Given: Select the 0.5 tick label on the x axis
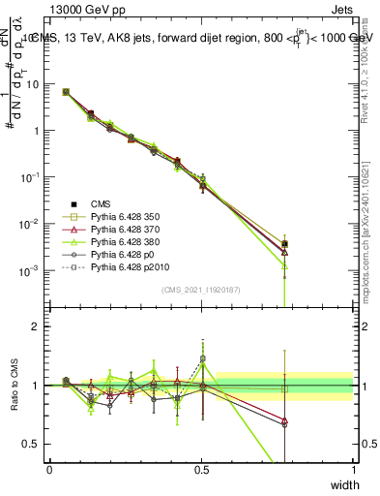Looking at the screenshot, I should pos(201,469).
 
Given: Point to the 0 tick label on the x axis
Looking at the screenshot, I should pos(49,469).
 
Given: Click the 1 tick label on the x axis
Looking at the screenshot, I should pos(353,469).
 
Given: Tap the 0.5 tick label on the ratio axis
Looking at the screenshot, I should pos(32,444).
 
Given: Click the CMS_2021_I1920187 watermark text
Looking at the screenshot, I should pos(201,290).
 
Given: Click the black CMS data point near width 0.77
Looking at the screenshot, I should pos(284,244).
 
